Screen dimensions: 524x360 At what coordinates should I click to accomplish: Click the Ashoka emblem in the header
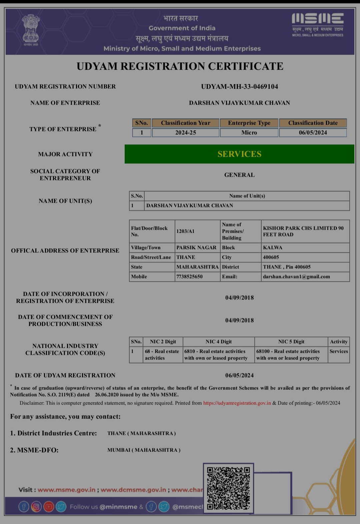click(x=30, y=30)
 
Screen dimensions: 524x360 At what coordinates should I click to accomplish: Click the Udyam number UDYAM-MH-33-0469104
click(x=239, y=87)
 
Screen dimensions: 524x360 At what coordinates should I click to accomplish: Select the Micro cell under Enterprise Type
click(x=249, y=133)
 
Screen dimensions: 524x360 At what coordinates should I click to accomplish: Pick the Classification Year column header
click(x=186, y=123)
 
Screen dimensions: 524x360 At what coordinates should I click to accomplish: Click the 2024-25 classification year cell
click(x=186, y=133)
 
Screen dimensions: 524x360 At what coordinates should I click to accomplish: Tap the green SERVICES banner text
click(x=239, y=154)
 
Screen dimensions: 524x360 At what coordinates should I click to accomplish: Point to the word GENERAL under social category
click(x=239, y=175)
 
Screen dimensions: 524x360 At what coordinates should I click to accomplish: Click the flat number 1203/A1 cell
click(x=186, y=231)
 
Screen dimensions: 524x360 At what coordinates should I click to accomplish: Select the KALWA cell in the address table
click(x=273, y=247)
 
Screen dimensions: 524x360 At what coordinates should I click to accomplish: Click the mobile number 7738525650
click(x=189, y=277)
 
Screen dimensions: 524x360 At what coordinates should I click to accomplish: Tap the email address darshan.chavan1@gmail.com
click(x=296, y=277)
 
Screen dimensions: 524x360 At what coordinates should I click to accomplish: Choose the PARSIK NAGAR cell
click(x=196, y=247)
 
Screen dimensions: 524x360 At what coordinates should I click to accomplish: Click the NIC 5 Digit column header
click(x=291, y=342)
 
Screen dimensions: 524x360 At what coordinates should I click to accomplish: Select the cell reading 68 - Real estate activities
click(x=162, y=355)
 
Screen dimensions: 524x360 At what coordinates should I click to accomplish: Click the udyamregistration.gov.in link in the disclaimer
click(x=237, y=403)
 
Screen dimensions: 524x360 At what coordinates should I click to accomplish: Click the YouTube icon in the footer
click(x=49, y=507)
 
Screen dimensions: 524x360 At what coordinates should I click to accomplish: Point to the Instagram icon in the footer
click(x=36, y=507)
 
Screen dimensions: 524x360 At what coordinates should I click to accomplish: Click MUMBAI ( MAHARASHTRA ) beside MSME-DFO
click(x=144, y=450)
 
